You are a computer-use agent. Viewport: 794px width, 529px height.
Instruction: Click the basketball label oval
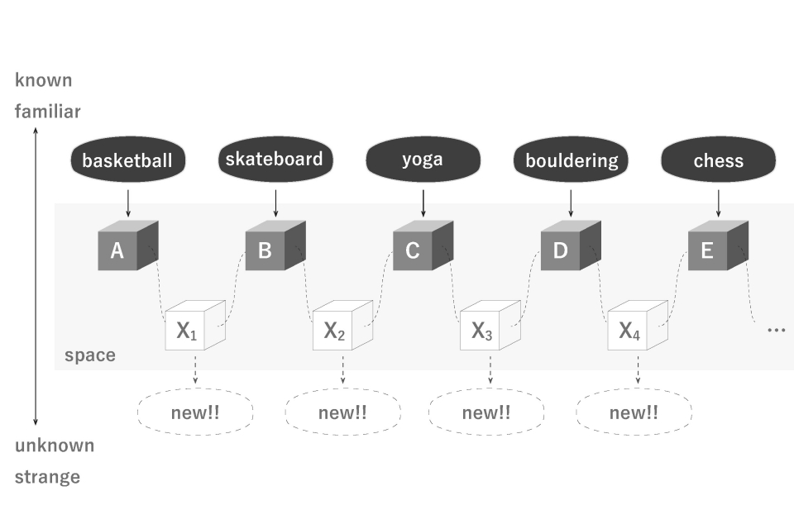tap(127, 160)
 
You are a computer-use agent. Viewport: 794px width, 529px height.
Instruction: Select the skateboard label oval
tap(275, 160)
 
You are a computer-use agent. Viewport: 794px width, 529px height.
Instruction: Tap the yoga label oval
tap(423, 160)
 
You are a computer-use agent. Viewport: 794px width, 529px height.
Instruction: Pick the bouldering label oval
tap(571, 160)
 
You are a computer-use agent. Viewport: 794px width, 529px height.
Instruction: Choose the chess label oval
tap(718, 160)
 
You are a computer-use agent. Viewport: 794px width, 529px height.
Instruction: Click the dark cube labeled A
tap(127, 245)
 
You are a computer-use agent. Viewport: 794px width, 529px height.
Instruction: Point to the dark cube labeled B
tap(275, 245)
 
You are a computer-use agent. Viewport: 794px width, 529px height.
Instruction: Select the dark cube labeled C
tap(423, 245)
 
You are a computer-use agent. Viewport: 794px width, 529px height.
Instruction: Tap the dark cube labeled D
tap(571, 245)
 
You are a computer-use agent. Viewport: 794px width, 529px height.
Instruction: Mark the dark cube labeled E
tap(718, 245)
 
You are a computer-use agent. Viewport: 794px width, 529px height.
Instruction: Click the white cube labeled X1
tap(195, 325)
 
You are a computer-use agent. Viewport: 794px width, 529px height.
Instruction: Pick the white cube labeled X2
tap(342, 325)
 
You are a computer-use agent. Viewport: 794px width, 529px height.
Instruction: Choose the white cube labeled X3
tap(490, 325)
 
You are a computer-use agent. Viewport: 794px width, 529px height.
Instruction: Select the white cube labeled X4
tap(638, 325)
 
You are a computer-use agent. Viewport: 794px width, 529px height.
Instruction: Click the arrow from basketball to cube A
tap(128, 203)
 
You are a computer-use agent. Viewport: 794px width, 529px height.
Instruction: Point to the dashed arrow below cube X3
tap(490, 370)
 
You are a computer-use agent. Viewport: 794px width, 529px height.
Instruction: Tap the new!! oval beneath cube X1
tap(195, 412)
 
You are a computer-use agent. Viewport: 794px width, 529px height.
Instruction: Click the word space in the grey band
tap(90, 355)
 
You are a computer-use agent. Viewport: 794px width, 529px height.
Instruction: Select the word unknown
tap(55, 446)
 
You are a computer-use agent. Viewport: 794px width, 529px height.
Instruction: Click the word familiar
tap(48, 111)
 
